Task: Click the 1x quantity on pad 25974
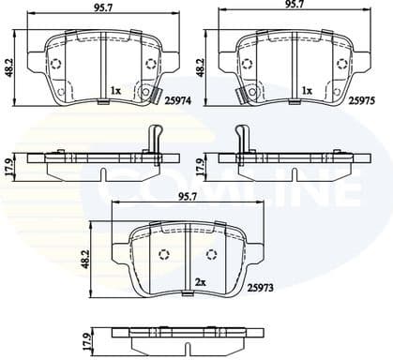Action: click(115, 90)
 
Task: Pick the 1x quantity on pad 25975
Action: click(308, 90)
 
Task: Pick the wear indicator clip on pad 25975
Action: click(238, 94)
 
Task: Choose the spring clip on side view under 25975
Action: click(243, 138)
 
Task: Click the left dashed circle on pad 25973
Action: click(163, 254)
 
